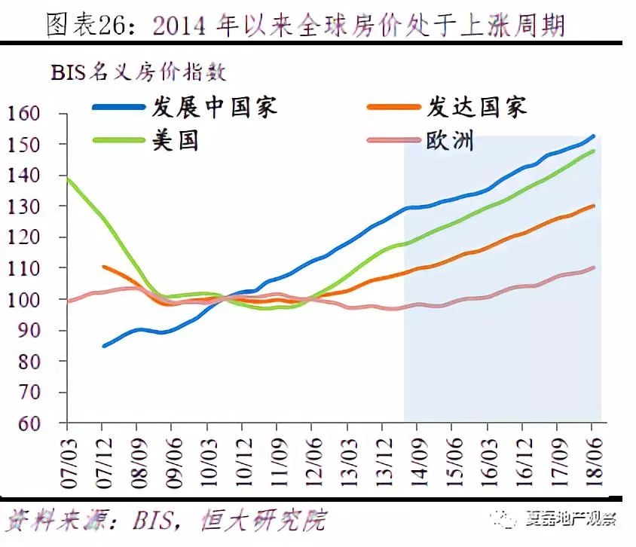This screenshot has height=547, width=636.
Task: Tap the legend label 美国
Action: click(x=175, y=139)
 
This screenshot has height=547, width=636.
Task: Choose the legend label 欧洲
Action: click(x=450, y=139)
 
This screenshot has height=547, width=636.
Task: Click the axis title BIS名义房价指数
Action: click(x=139, y=72)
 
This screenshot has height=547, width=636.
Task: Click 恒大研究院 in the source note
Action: click(x=264, y=519)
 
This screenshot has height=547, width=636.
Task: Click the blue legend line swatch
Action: click(x=118, y=108)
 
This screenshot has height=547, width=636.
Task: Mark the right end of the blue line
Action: click(x=594, y=136)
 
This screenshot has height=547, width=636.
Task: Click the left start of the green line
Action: click(x=69, y=179)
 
